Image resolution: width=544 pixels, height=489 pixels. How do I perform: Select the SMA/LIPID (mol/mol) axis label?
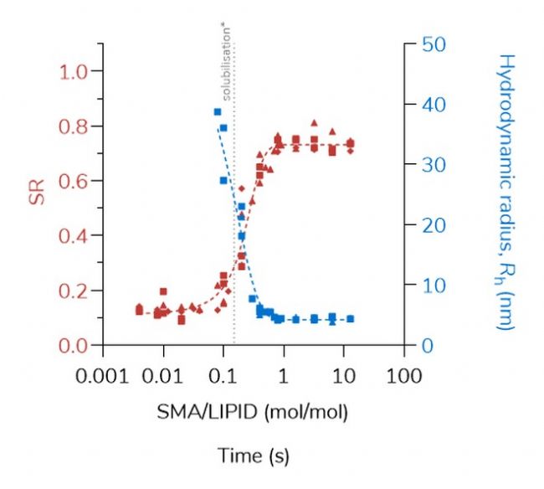pos(252,412)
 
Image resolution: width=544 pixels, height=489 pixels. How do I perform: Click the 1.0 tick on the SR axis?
pos(73,72)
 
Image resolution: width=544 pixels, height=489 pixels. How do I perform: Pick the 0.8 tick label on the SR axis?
pos(73,126)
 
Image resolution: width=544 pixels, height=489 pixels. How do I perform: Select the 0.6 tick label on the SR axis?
pos(73,181)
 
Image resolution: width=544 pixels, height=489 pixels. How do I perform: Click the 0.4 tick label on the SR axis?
pos(73,236)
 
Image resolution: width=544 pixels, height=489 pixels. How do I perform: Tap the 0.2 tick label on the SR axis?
pos(73,291)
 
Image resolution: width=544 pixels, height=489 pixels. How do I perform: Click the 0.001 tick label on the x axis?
pos(102,374)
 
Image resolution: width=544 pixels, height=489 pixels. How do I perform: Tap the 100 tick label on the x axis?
pos(403,374)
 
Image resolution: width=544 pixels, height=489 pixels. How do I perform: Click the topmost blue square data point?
pos(218,112)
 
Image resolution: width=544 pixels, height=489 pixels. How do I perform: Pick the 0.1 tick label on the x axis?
pos(223,374)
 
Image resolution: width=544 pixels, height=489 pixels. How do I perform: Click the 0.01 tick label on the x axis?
pos(162,374)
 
